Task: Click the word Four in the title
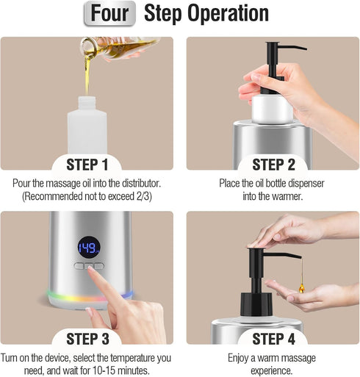click(109, 13)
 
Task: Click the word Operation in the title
click(228, 14)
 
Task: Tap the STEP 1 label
click(87, 165)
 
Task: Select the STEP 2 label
click(273, 165)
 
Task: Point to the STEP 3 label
click(87, 339)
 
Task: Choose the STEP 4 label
click(273, 339)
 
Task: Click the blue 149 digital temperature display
click(89, 247)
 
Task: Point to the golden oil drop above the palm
click(302, 287)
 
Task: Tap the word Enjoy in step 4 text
click(237, 358)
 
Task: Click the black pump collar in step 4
click(256, 304)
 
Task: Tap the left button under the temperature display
click(79, 266)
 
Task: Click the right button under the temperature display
click(99, 266)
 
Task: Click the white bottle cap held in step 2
click(273, 109)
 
